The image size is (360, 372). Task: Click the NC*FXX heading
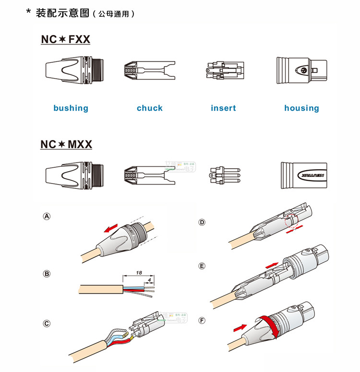[x=65, y=39]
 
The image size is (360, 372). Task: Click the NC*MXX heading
[x=66, y=144]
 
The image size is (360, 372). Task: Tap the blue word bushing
[x=71, y=108]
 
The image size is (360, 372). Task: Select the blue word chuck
[x=150, y=108]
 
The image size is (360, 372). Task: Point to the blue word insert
[x=223, y=108]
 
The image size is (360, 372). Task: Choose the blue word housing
[x=301, y=108]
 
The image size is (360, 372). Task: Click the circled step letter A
[x=47, y=216]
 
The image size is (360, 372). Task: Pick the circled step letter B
[x=47, y=274]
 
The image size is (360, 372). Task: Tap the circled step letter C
[x=47, y=324]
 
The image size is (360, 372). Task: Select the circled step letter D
[x=202, y=222]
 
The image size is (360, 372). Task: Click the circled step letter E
[x=202, y=266]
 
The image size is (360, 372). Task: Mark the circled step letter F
[x=202, y=320]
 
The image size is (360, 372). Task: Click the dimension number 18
[x=139, y=272]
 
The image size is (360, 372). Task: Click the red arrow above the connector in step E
[x=272, y=264]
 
